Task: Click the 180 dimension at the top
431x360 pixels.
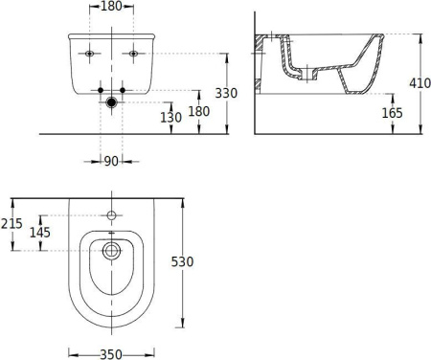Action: pos(111,6)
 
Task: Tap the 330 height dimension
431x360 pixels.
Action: pos(226,93)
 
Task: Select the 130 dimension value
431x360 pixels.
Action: pos(170,118)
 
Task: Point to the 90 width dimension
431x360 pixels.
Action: pos(111,162)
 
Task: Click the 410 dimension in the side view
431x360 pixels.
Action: pos(420,83)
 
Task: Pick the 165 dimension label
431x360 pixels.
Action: pos(393,113)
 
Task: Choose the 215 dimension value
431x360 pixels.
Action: pos(11,224)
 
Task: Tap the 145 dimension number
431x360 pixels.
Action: pos(40,233)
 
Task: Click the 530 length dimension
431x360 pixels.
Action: pos(182,262)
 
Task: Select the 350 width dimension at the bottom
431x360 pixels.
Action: pos(111,354)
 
